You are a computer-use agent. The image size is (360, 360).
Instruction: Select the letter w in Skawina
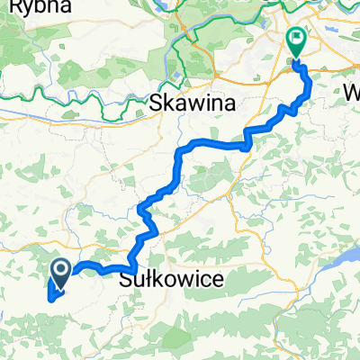[x=197, y=103]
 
